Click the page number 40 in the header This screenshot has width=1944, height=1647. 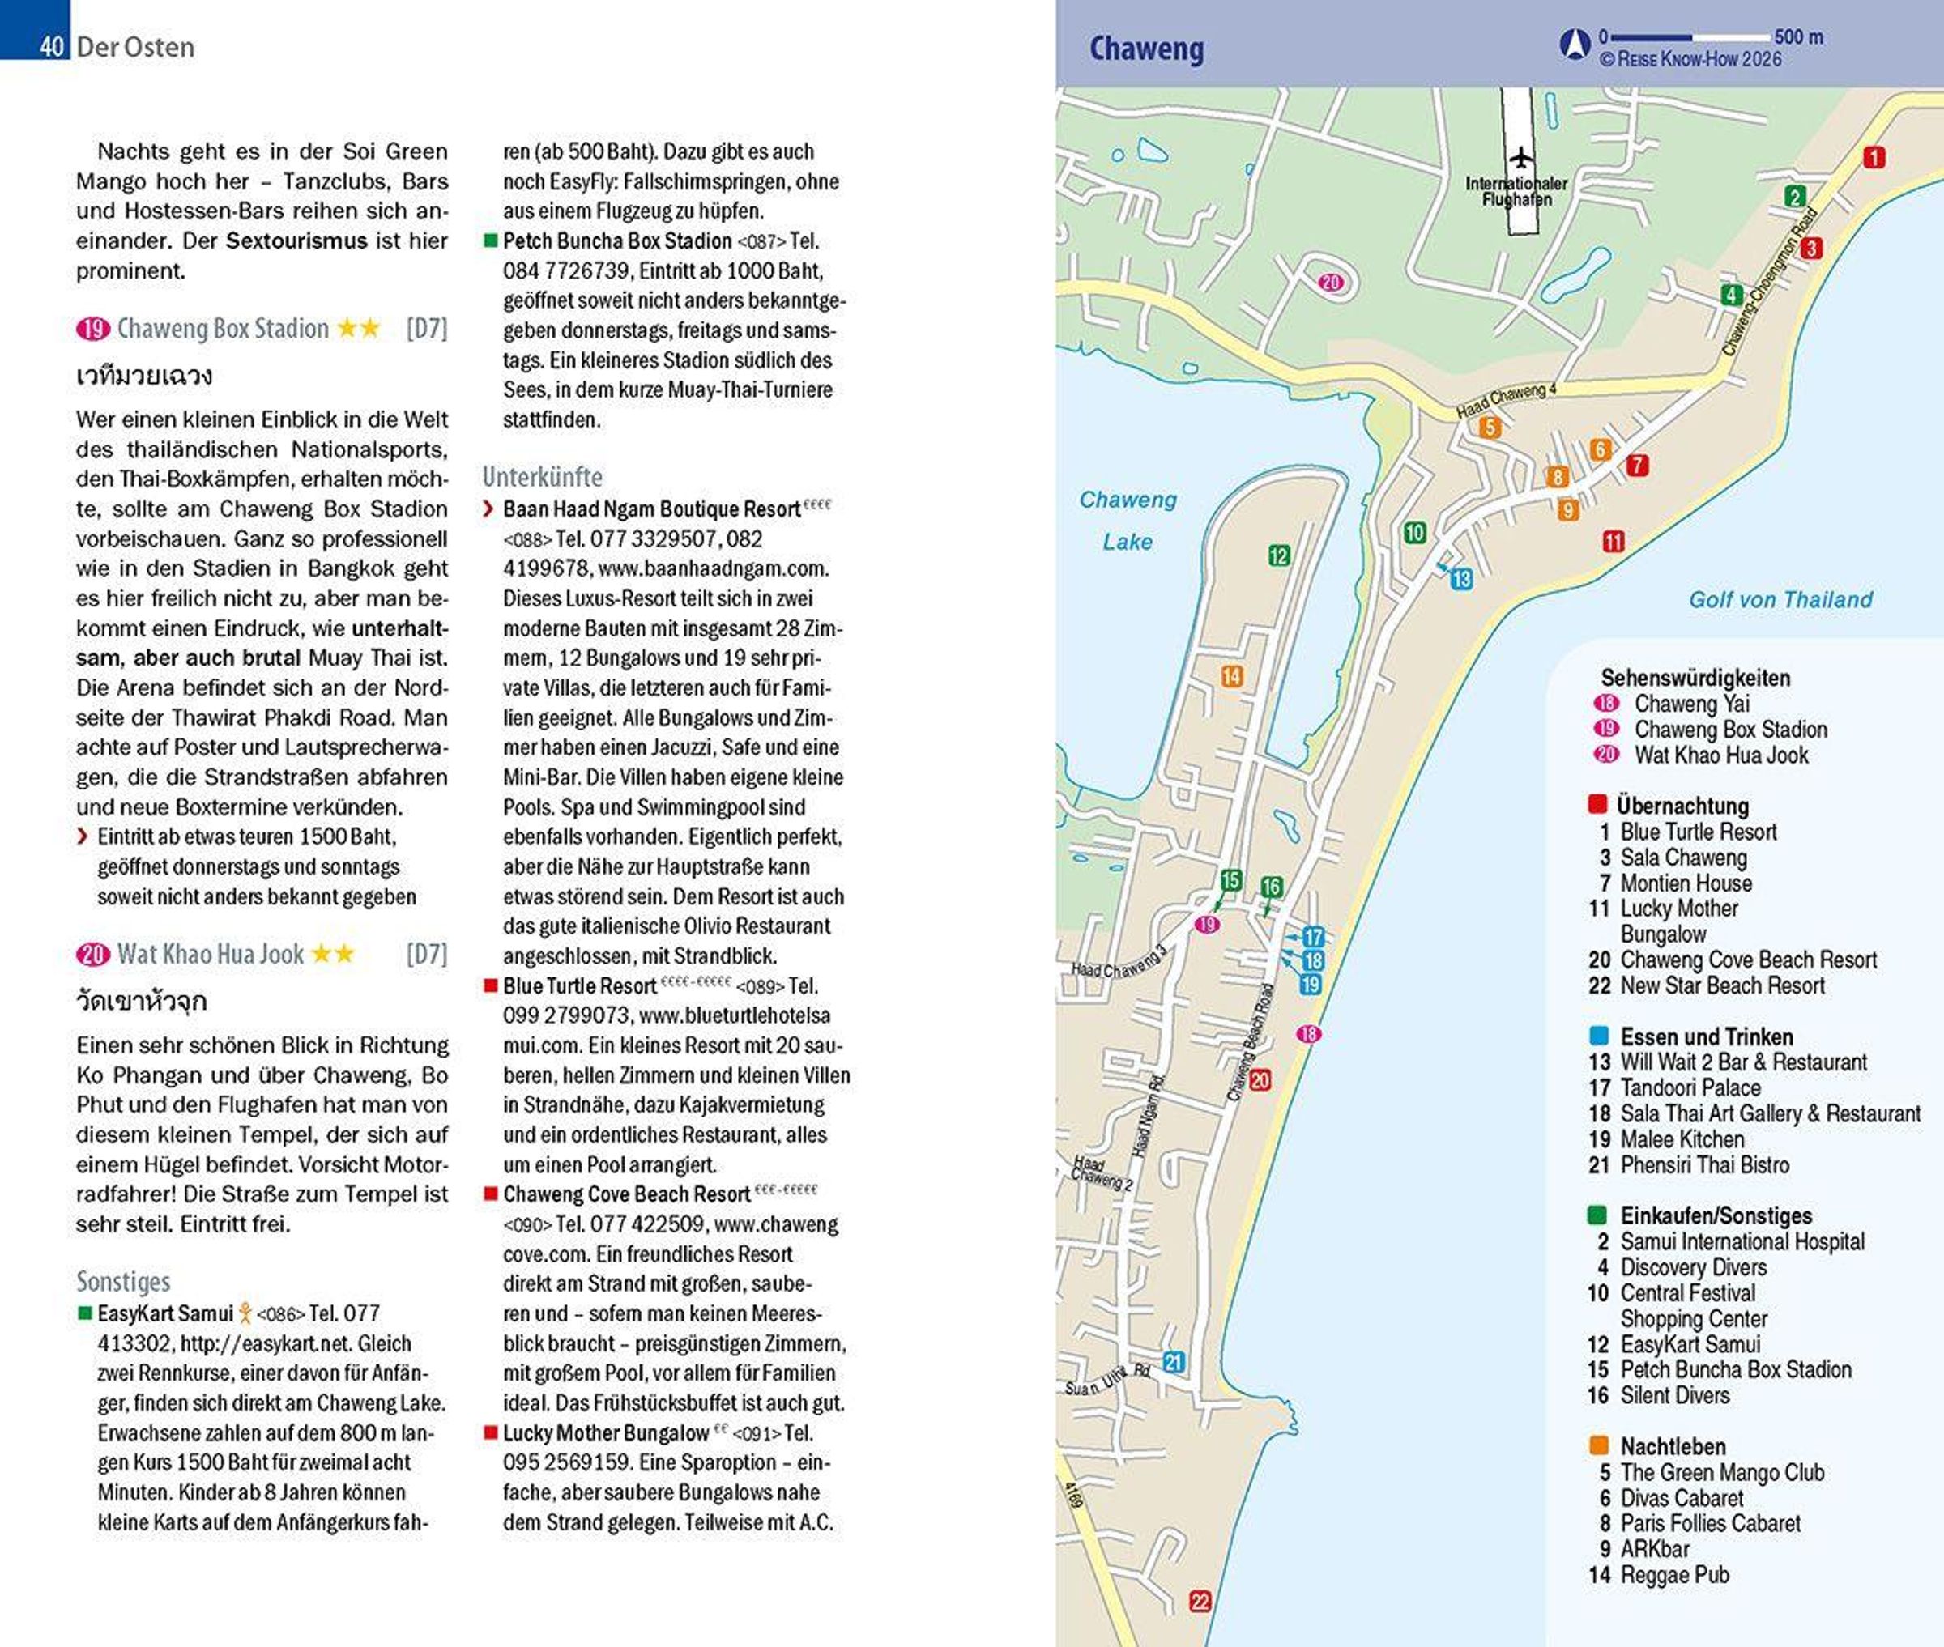point(51,45)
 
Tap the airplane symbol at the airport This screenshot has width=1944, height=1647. point(1521,157)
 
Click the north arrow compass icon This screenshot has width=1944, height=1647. point(1575,44)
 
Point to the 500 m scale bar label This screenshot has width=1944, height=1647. point(1797,37)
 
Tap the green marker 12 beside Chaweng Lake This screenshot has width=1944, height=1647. point(1278,555)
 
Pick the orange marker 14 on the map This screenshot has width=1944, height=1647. point(1231,676)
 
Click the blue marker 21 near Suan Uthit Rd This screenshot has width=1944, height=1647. point(1174,1362)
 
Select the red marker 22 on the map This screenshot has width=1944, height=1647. point(1200,1602)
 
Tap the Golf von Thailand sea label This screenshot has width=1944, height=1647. point(1780,599)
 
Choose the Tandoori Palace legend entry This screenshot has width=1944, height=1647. point(1690,1087)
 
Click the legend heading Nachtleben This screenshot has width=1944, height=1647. point(1673,1446)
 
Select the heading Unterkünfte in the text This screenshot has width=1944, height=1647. point(542,477)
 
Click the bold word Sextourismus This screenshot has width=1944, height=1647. point(296,240)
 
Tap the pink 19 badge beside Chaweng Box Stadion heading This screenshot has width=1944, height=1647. point(92,329)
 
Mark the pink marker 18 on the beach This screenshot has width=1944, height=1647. point(1309,1033)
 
